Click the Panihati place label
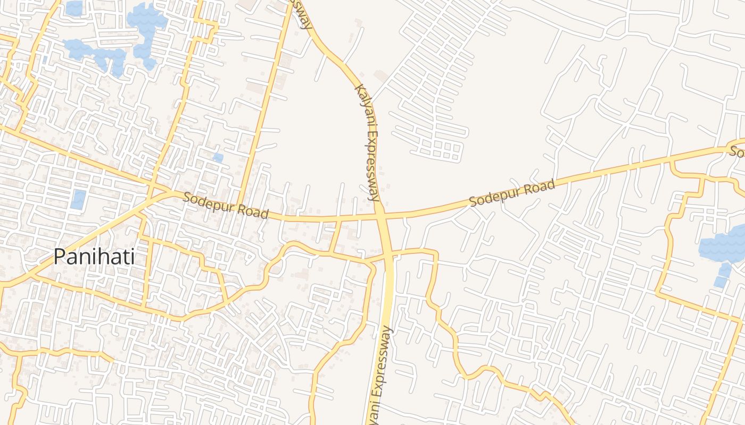[94, 257]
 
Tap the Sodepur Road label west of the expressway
[225, 205]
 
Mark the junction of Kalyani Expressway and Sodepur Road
[381, 216]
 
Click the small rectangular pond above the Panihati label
[78, 199]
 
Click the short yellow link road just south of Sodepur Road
[335, 236]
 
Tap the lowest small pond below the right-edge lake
[720, 282]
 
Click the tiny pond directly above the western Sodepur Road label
[218, 158]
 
